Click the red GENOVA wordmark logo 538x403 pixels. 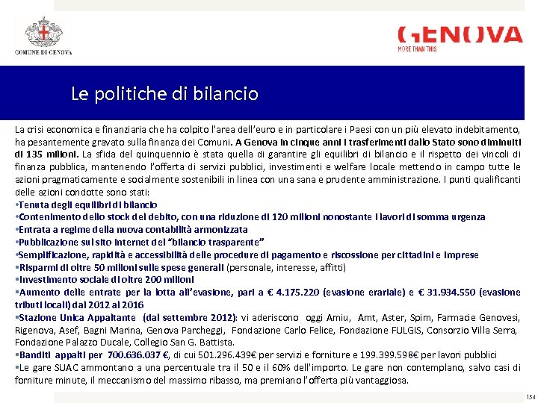[460, 35]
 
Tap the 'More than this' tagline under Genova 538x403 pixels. [418, 49]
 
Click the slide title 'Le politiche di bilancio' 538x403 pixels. [164, 94]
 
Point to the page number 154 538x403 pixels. [531, 397]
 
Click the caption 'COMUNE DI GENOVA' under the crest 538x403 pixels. [43, 52]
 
